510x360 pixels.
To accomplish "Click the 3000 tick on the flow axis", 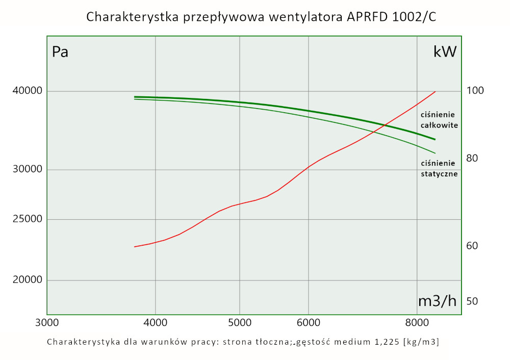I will [46, 323].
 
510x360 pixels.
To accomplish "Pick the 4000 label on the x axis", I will [155, 323].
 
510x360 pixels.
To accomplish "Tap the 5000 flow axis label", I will [239, 323].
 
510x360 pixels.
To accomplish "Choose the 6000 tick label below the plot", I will [309, 323].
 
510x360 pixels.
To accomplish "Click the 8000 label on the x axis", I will [417, 323].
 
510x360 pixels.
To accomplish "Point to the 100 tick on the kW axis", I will [475, 91].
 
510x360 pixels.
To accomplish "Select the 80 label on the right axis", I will [472, 159].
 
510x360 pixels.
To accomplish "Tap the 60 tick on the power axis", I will [472, 246].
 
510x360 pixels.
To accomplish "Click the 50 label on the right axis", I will [472, 301].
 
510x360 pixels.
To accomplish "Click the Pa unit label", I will [61, 53].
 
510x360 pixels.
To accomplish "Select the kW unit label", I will [445, 52].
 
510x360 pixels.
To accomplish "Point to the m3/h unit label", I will [437, 301].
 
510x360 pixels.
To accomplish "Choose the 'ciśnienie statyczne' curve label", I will [439, 168].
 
